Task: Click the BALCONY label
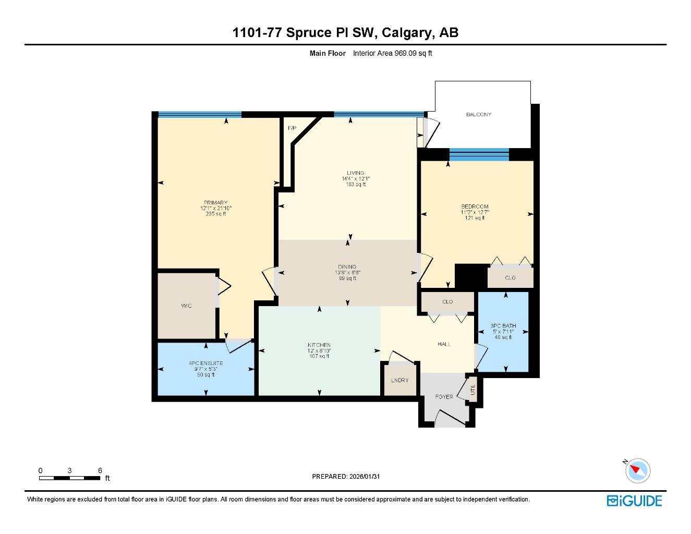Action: point(478,115)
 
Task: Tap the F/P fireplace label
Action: point(292,128)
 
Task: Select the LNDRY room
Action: point(399,380)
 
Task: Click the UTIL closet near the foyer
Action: point(473,390)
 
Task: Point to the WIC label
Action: point(186,306)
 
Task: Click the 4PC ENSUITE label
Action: point(206,363)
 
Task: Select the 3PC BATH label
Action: point(503,326)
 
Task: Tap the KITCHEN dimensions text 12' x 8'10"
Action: point(319,351)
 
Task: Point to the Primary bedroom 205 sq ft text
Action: point(216,214)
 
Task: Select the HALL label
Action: point(444,344)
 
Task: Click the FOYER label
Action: point(444,397)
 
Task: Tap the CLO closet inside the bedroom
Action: point(510,278)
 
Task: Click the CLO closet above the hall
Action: point(447,302)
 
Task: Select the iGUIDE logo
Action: point(634,501)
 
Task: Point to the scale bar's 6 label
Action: point(100,470)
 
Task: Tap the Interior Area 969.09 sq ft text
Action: point(393,53)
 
